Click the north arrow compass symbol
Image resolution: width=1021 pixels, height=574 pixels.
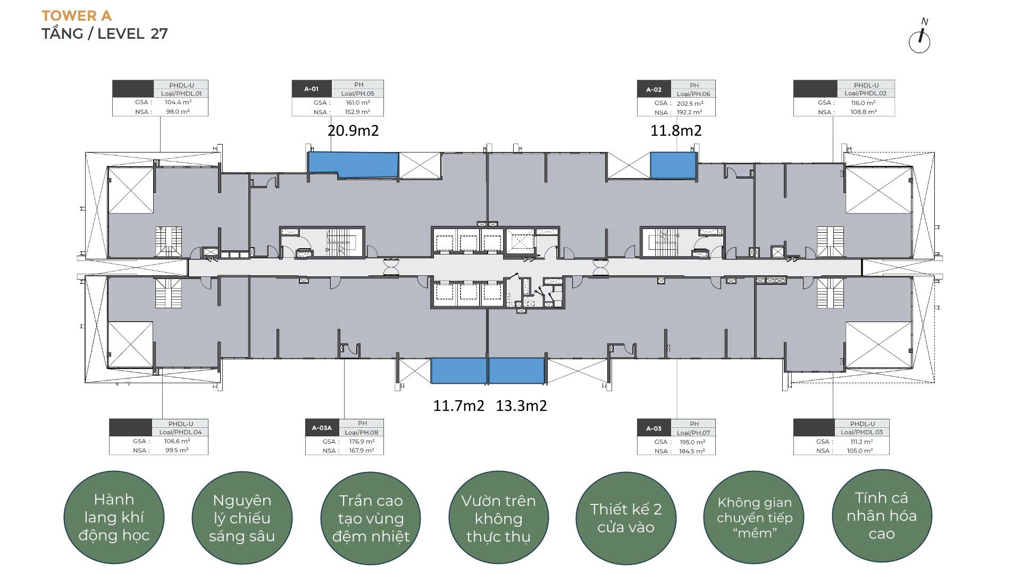point(919,38)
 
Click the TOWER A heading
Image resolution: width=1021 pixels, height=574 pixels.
point(77,15)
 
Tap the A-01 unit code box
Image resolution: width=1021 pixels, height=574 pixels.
point(312,89)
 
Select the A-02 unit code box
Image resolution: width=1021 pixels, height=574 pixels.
point(654,89)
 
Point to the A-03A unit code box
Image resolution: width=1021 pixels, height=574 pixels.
point(322,428)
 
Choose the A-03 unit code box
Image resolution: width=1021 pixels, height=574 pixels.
point(654,428)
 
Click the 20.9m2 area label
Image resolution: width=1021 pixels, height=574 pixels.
point(353,131)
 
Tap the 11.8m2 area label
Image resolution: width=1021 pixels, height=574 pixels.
point(676,131)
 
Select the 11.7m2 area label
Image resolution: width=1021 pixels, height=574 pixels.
point(459,406)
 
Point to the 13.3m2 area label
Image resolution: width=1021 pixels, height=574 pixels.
point(522,406)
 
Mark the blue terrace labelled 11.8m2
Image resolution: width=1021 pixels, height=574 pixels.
point(673,165)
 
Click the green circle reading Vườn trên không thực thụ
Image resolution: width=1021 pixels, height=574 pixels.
point(498,518)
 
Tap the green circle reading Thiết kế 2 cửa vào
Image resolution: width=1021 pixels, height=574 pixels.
point(626,518)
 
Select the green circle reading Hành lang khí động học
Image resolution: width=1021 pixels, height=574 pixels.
point(114,517)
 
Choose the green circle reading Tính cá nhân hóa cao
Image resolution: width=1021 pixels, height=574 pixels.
point(882,516)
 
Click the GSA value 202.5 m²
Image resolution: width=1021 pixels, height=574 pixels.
point(690,104)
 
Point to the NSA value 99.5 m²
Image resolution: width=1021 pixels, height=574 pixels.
point(177,450)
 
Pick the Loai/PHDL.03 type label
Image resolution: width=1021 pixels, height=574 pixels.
point(861,432)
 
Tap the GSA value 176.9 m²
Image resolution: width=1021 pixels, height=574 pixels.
point(362,442)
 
